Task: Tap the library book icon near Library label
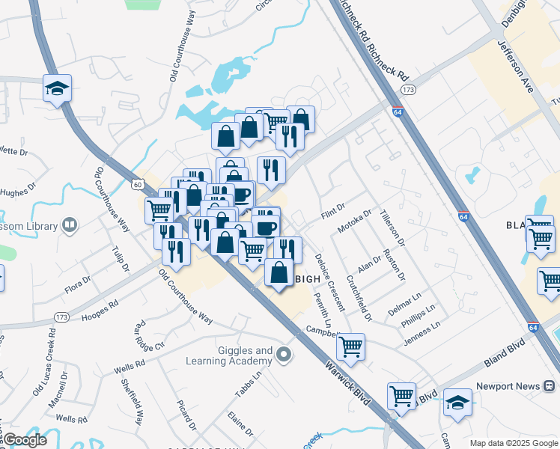pos(69,224)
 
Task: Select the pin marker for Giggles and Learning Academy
pos(283,355)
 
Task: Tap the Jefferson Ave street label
pos(514,67)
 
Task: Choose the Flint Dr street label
pos(332,212)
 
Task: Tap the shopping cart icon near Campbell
pos(350,346)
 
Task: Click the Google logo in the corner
pos(25,440)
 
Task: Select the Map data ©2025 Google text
pos(513,442)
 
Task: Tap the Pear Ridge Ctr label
pos(148,337)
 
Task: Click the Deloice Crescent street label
pos(329,283)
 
